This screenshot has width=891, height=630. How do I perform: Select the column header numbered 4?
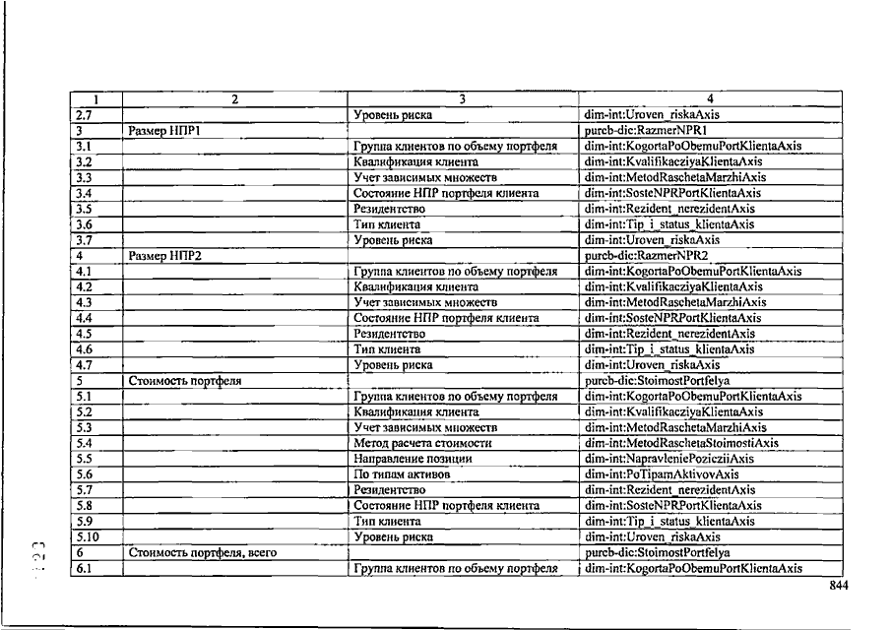(710, 98)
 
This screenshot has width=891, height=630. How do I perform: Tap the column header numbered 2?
(234, 98)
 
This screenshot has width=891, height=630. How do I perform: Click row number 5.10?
(91, 537)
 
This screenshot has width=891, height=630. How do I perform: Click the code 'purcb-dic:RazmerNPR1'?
(647, 130)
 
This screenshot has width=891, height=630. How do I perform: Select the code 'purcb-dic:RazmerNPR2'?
(647, 255)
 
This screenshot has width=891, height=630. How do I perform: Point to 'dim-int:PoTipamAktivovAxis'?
(661, 474)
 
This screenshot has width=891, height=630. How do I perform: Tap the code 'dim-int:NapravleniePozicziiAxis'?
(668, 459)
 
